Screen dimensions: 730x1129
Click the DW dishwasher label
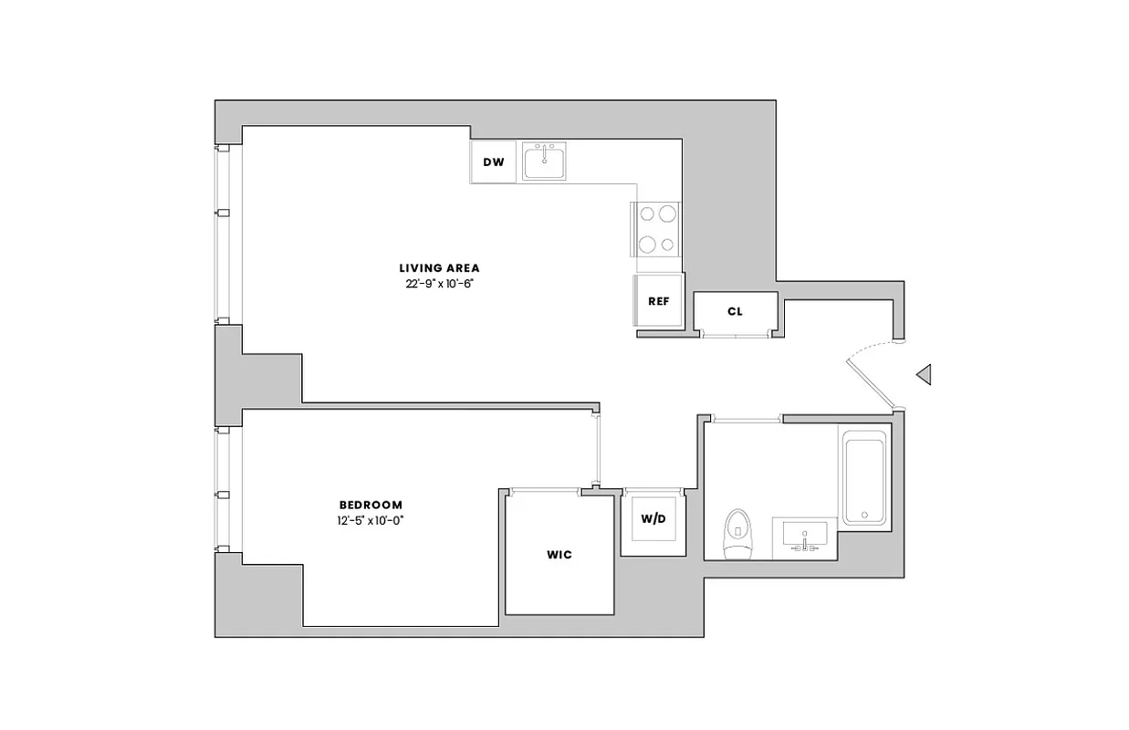(x=494, y=162)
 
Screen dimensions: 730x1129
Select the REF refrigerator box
(x=659, y=301)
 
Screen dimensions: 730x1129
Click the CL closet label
(x=735, y=311)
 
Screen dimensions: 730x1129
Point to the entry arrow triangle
(x=924, y=373)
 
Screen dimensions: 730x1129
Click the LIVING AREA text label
(x=439, y=268)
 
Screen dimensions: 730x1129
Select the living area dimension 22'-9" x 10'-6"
(x=439, y=283)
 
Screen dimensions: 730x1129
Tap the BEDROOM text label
(x=371, y=505)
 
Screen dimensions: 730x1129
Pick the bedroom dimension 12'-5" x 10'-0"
(x=371, y=520)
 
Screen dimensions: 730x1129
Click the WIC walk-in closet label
(x=559, y=555)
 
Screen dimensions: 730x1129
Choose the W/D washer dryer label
(x=653, y=518)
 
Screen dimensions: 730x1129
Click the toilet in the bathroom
(x=735, y=536)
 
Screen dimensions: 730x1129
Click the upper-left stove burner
(x=647, y=214)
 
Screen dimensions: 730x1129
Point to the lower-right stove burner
(x=667, y=244)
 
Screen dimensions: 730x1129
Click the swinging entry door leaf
(x=870, y=382)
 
